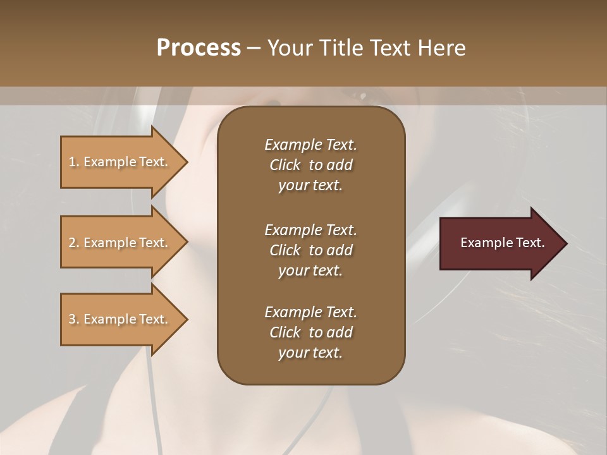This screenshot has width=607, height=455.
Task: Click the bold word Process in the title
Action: pos(199,47)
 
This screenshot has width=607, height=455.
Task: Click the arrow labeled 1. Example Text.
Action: pos(120,162)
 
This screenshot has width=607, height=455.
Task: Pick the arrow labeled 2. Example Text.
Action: pos(120,243)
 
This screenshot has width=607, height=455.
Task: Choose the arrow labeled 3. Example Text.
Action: pos(120,319)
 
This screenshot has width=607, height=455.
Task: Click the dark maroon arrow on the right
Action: pos(500,243)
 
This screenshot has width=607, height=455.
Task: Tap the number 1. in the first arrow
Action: pos(74,162)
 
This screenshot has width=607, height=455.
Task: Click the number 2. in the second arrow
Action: pos(74,243)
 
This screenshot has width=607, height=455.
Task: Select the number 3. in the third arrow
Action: pos(74,319)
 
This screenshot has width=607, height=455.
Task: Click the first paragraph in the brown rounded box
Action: pos(310,165)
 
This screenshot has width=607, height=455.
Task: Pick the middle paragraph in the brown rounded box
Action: pos(310,250)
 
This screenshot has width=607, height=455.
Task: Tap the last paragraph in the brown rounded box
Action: pos(310,332)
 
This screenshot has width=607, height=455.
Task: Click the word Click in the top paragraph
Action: pos(285,165)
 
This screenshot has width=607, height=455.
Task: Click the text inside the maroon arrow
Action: pos(503,243)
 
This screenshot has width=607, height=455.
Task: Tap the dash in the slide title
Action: pos(254,48)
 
